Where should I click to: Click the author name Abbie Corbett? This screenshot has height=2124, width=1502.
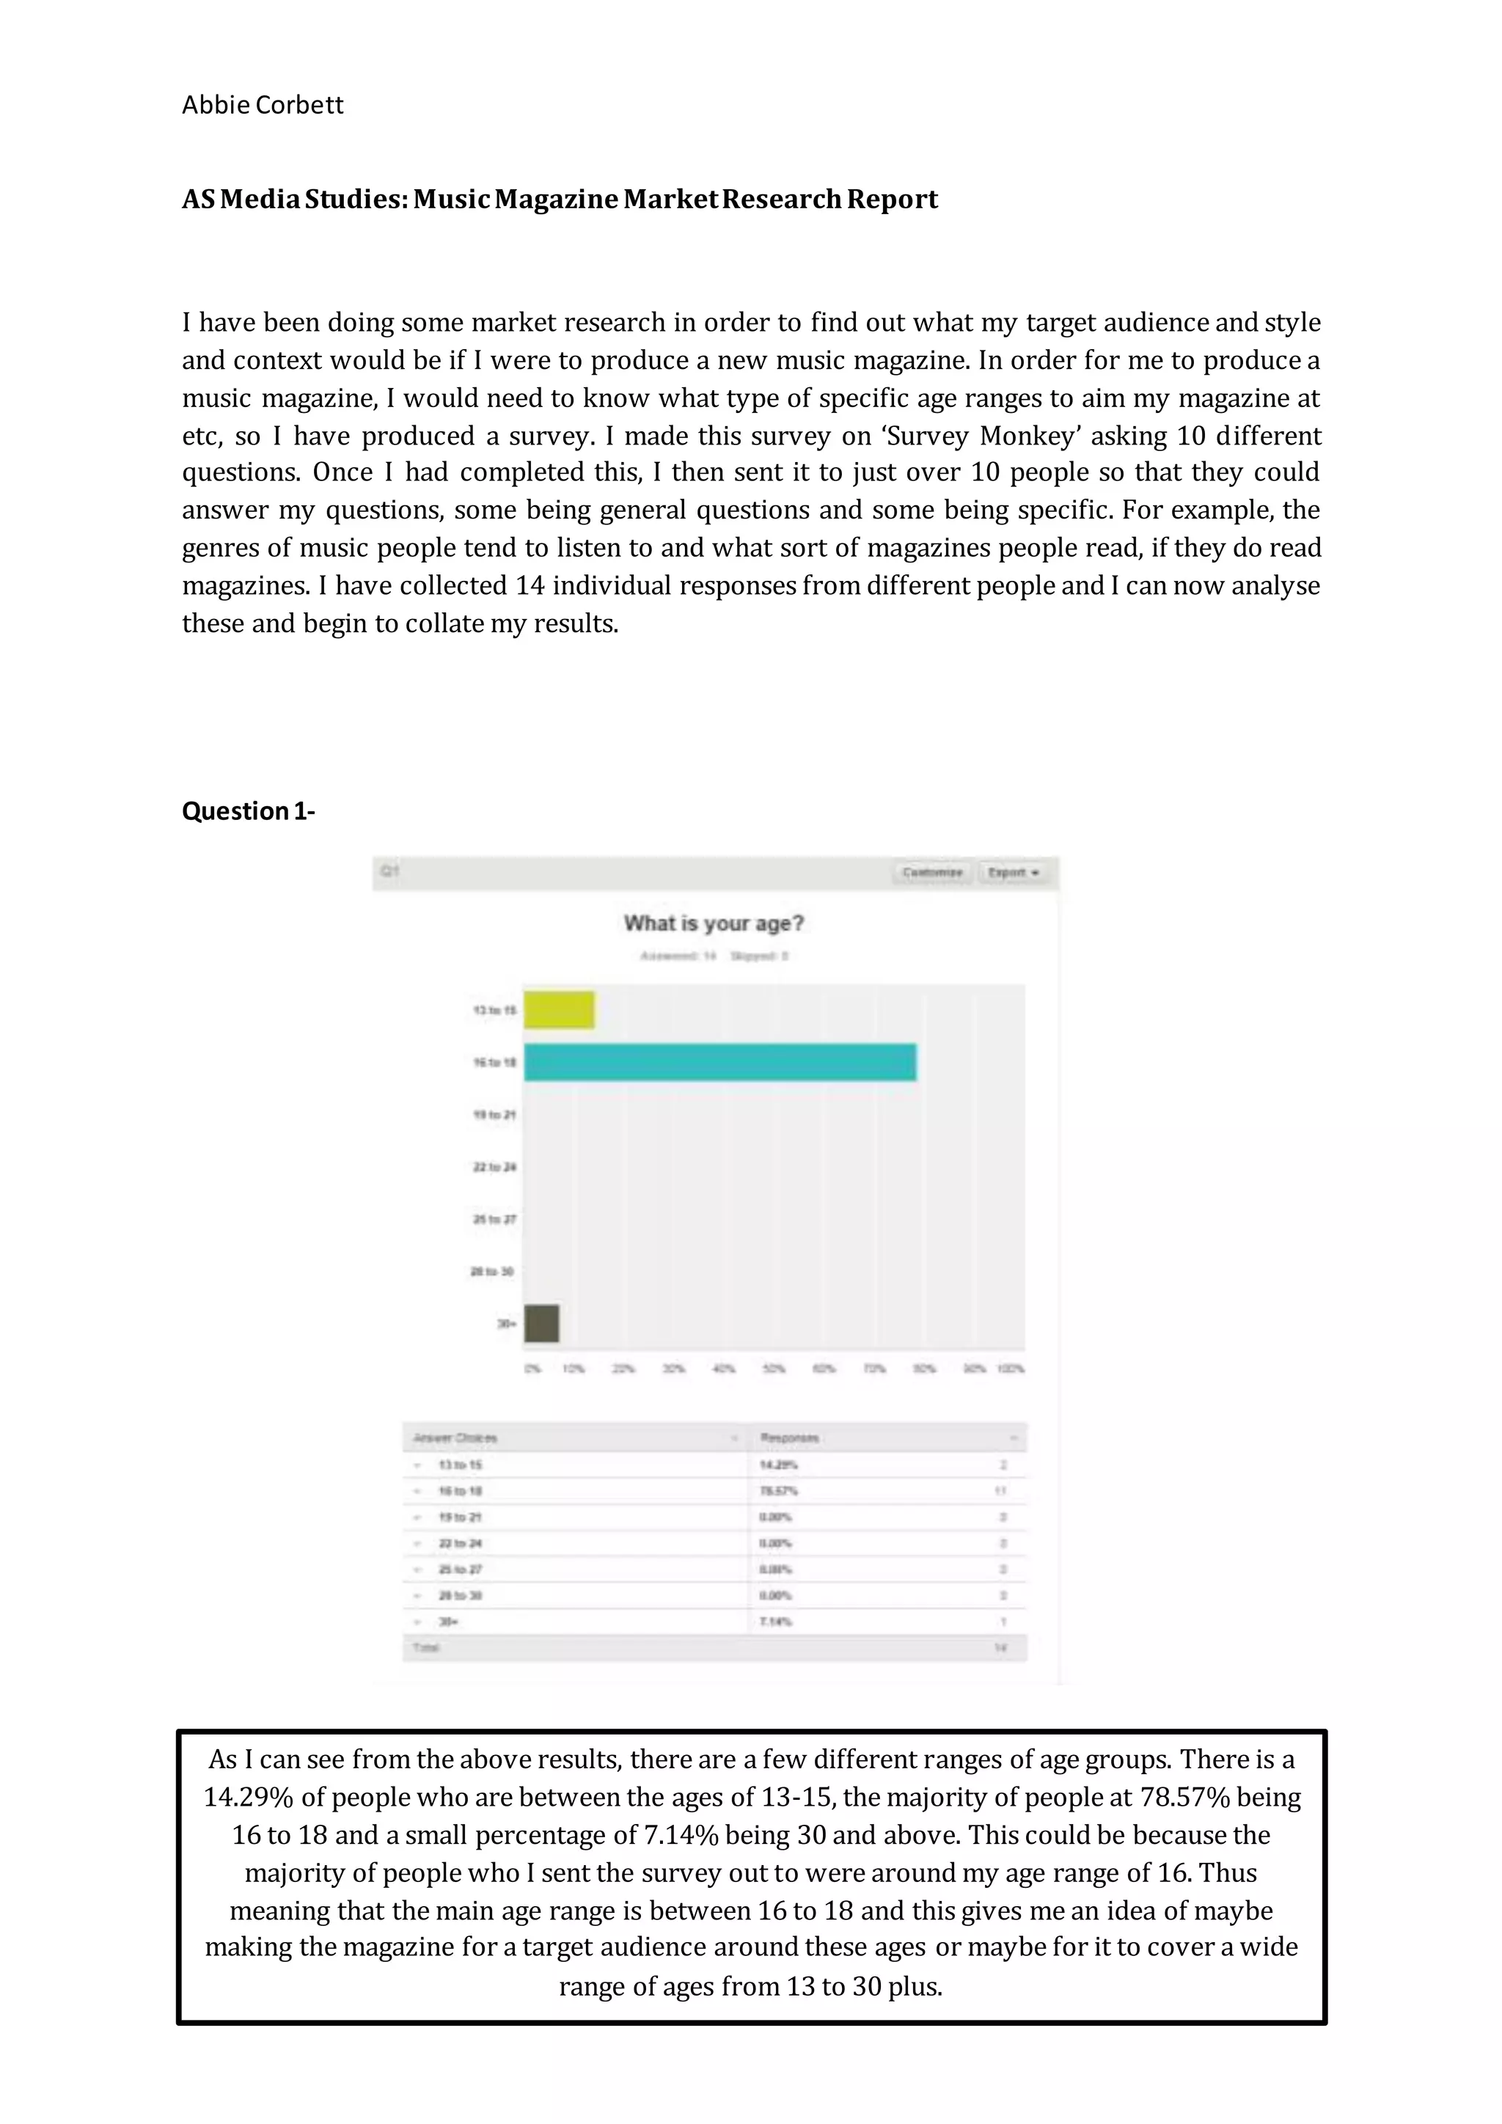262,106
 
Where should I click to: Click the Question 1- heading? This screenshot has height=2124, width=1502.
248,811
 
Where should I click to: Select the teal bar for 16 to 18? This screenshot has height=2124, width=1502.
719,1062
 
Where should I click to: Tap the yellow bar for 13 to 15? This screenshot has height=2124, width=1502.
559,1010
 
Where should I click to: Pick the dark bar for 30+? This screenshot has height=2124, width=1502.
541,1323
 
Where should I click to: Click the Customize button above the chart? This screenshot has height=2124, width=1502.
932,872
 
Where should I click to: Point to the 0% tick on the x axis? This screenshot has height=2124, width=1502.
532,1368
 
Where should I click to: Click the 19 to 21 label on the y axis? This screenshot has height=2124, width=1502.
495,1115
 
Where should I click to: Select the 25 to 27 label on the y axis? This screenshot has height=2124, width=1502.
495,1219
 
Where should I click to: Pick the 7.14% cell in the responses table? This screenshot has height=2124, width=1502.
776,1622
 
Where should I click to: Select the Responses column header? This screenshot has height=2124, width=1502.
789,1438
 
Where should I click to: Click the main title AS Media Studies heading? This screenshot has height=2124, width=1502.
560,199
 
